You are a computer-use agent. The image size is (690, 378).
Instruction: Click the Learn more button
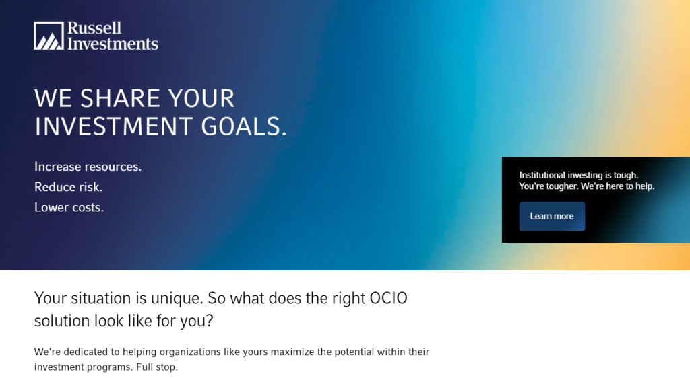point(552,216)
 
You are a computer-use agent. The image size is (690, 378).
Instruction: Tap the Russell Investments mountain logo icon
point(49,36)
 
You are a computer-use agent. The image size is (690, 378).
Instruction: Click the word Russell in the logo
point(94,28)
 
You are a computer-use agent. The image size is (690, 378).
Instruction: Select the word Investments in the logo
point(113,44)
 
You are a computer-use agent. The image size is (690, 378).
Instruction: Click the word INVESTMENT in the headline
point(113,126)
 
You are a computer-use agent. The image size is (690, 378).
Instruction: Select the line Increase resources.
point(88,167)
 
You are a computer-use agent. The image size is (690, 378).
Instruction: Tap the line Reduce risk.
point(68,187)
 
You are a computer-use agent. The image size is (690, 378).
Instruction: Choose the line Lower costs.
point(69,207)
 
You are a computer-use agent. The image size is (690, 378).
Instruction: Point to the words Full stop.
point(157,367)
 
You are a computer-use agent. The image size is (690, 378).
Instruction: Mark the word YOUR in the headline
point(201,98)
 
